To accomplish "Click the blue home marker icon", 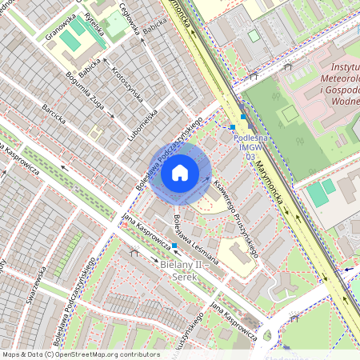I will [x=180, y=172].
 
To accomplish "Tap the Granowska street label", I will [x=61, y=25].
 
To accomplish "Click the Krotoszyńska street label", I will [x=127, y=82].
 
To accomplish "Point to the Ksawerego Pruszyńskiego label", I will [x=237, y=218].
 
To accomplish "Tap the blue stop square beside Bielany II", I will [x=174, y=246].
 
